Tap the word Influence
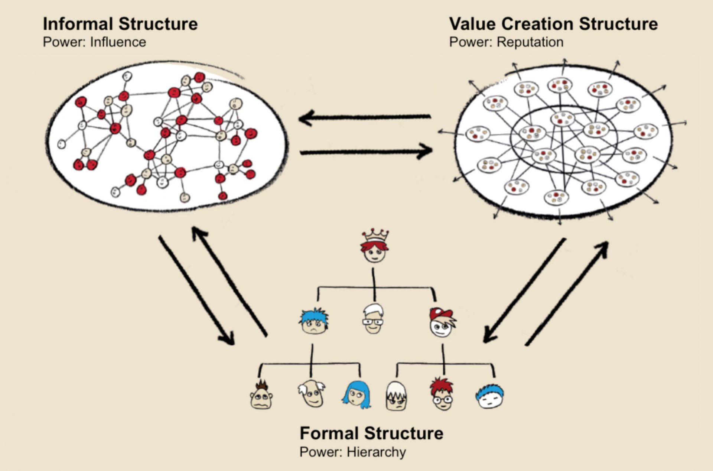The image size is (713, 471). click(x=118, y=42)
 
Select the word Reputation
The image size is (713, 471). click(x=530, y=42)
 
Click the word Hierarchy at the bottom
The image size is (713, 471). click(x=376, y=452)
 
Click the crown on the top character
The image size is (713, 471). click(x=375, y=235)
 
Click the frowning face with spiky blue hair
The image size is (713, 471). click(x=314, y=322)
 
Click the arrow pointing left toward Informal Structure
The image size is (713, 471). click(x=364, y=118)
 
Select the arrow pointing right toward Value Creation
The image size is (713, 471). click(x=366, y=152)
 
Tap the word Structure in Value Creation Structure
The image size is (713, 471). click(x=618, y=24)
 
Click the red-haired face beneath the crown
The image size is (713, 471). click(x=374, y=252)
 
